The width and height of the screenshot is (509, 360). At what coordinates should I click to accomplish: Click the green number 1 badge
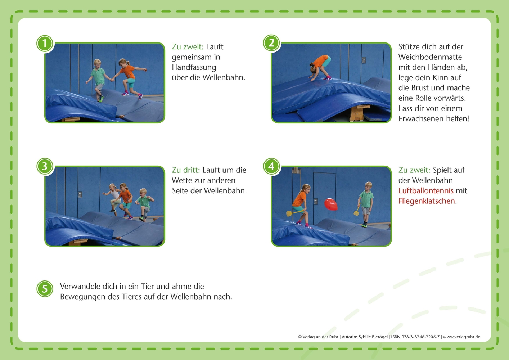[x=45, y=44]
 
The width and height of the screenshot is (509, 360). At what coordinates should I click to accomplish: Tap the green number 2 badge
[x=271, y=43]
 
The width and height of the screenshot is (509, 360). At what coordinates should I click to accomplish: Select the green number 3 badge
[x=45, y=166]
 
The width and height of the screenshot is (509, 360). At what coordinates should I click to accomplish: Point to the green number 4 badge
[x=271, y=166]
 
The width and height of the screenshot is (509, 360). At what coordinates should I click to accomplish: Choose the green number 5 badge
[x=45, y=289]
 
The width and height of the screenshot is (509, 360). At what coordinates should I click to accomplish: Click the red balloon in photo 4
[x=331, y=204]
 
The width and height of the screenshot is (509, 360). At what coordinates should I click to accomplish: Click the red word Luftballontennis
[x=426, y=191]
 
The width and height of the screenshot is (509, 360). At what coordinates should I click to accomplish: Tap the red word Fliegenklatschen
[x=427, y=201]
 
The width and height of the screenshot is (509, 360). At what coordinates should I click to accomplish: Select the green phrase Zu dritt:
[x=186, y=170]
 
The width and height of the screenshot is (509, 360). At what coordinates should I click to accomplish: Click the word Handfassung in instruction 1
[x=194, y=67]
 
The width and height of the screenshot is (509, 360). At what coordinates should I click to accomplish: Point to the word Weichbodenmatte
[x=430, y=57]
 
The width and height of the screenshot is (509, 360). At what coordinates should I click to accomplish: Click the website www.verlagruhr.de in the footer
[x=461, y=337]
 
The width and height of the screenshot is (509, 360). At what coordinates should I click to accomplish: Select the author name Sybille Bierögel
[x=373, y=337]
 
